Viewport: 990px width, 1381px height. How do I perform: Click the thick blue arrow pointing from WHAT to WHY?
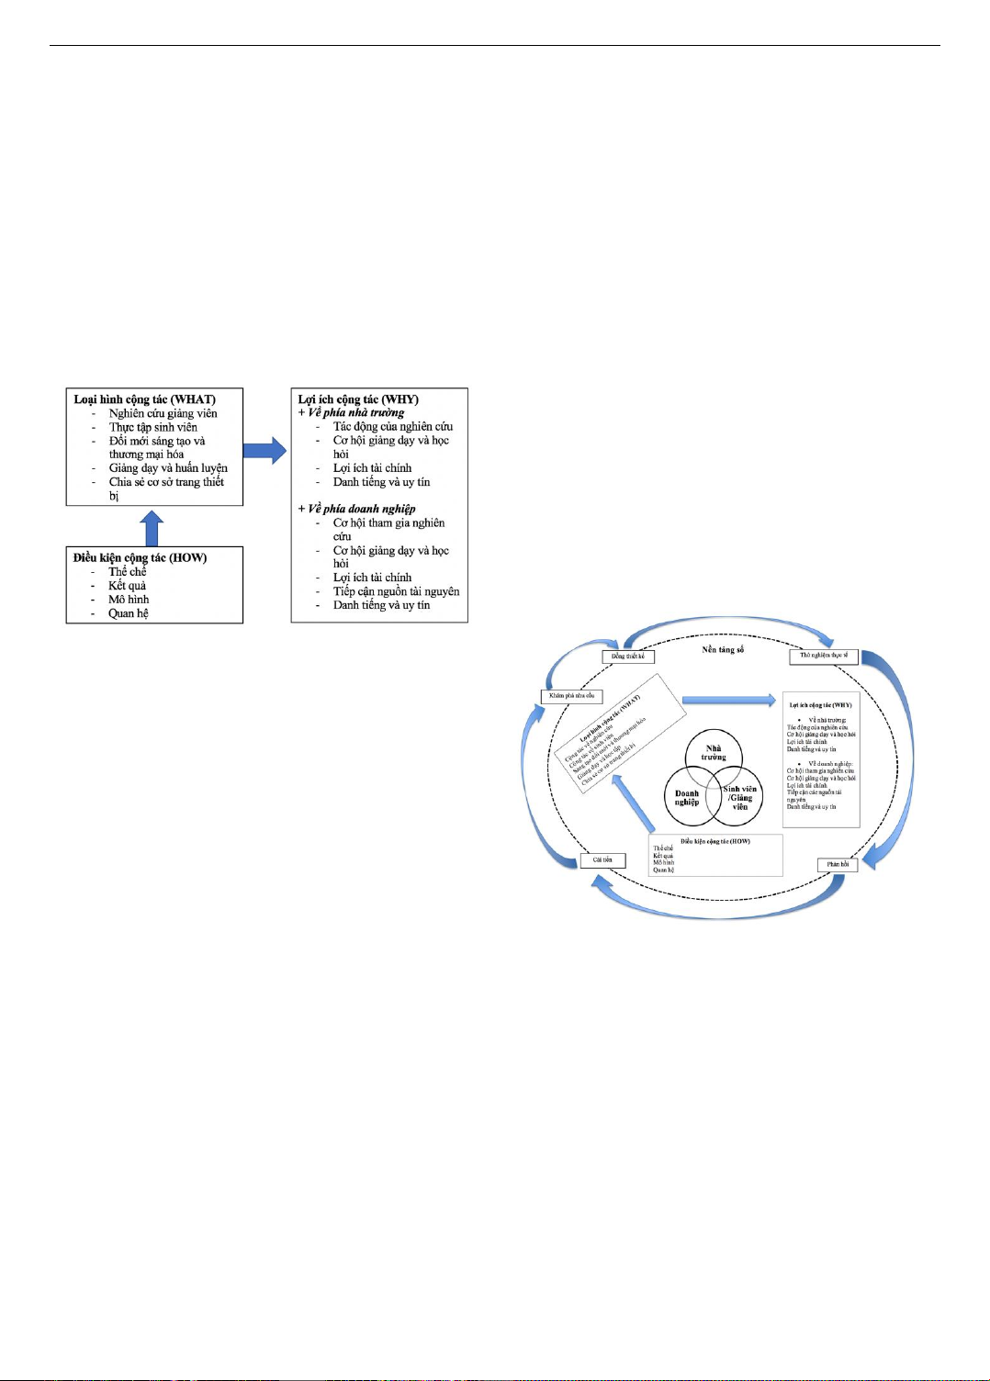click(x=265, y=450)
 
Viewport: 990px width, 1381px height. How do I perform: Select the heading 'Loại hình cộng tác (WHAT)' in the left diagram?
click(x=145, y=399)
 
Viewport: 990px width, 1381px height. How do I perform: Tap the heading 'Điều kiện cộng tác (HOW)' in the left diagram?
click(x=140, y=557)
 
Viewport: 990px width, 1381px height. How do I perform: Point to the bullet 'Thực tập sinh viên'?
click(x=152, y=427)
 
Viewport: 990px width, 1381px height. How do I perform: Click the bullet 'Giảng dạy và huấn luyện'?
click(x=168, y=467)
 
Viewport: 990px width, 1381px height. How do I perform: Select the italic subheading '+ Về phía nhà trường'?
click(x=351, y=412)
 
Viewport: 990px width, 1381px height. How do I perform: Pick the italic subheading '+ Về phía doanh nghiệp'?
click(x=356, y=509)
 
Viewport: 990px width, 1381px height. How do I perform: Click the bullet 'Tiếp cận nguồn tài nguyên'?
click(x=396, y=591)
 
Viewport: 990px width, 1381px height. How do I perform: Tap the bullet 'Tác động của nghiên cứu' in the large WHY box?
click(x=392, y=426)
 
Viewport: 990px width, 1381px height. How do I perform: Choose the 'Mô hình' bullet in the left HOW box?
click(x=129, y=600)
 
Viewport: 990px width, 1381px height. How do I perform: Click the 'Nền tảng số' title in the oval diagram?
click(x=723, y=649)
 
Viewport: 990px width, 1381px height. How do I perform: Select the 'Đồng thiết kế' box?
click(x=628, y=657)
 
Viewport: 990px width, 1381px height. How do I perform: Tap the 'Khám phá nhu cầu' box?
click(x=571, y=696)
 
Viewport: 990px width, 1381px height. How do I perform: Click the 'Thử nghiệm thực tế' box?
click(x=824, y=656)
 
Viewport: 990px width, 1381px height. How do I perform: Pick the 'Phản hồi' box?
click(x=838, y=864)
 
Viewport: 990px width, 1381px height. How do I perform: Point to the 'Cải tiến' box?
click(x=602, y=860)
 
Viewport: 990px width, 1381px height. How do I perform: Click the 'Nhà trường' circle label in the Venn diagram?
click(x=714, y=753)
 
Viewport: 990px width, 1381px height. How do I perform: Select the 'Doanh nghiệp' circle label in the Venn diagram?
click(x=687, y=798)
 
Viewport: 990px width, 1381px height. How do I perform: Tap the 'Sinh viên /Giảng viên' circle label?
click(x=740, y=798)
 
